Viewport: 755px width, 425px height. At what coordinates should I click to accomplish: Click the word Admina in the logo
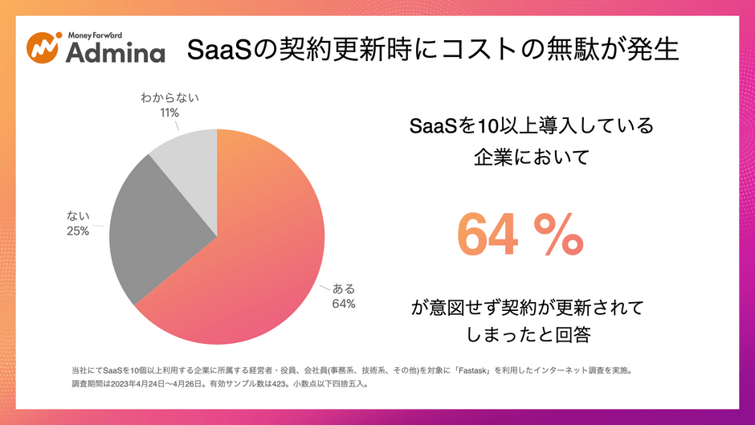[115, 52]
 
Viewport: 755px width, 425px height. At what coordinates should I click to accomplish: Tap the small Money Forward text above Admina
[95, 35]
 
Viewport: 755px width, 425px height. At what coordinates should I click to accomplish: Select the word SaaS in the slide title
[219, 50]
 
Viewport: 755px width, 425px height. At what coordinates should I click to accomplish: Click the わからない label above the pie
[169, 98]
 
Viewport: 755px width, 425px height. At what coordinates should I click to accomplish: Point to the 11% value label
[169, 112]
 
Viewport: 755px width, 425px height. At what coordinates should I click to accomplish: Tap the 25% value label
[78, 231]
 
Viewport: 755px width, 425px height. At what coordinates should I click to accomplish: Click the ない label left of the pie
[78, 216]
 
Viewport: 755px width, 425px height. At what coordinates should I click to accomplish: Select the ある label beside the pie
[344, 288]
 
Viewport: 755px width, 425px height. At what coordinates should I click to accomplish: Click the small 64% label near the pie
[344, 304]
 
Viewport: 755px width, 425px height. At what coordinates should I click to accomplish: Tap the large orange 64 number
[488, 235]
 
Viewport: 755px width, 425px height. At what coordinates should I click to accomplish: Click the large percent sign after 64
[559, 235]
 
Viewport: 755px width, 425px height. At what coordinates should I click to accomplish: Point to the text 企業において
[532, 157]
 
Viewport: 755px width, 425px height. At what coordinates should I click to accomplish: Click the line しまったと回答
[528, 334]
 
